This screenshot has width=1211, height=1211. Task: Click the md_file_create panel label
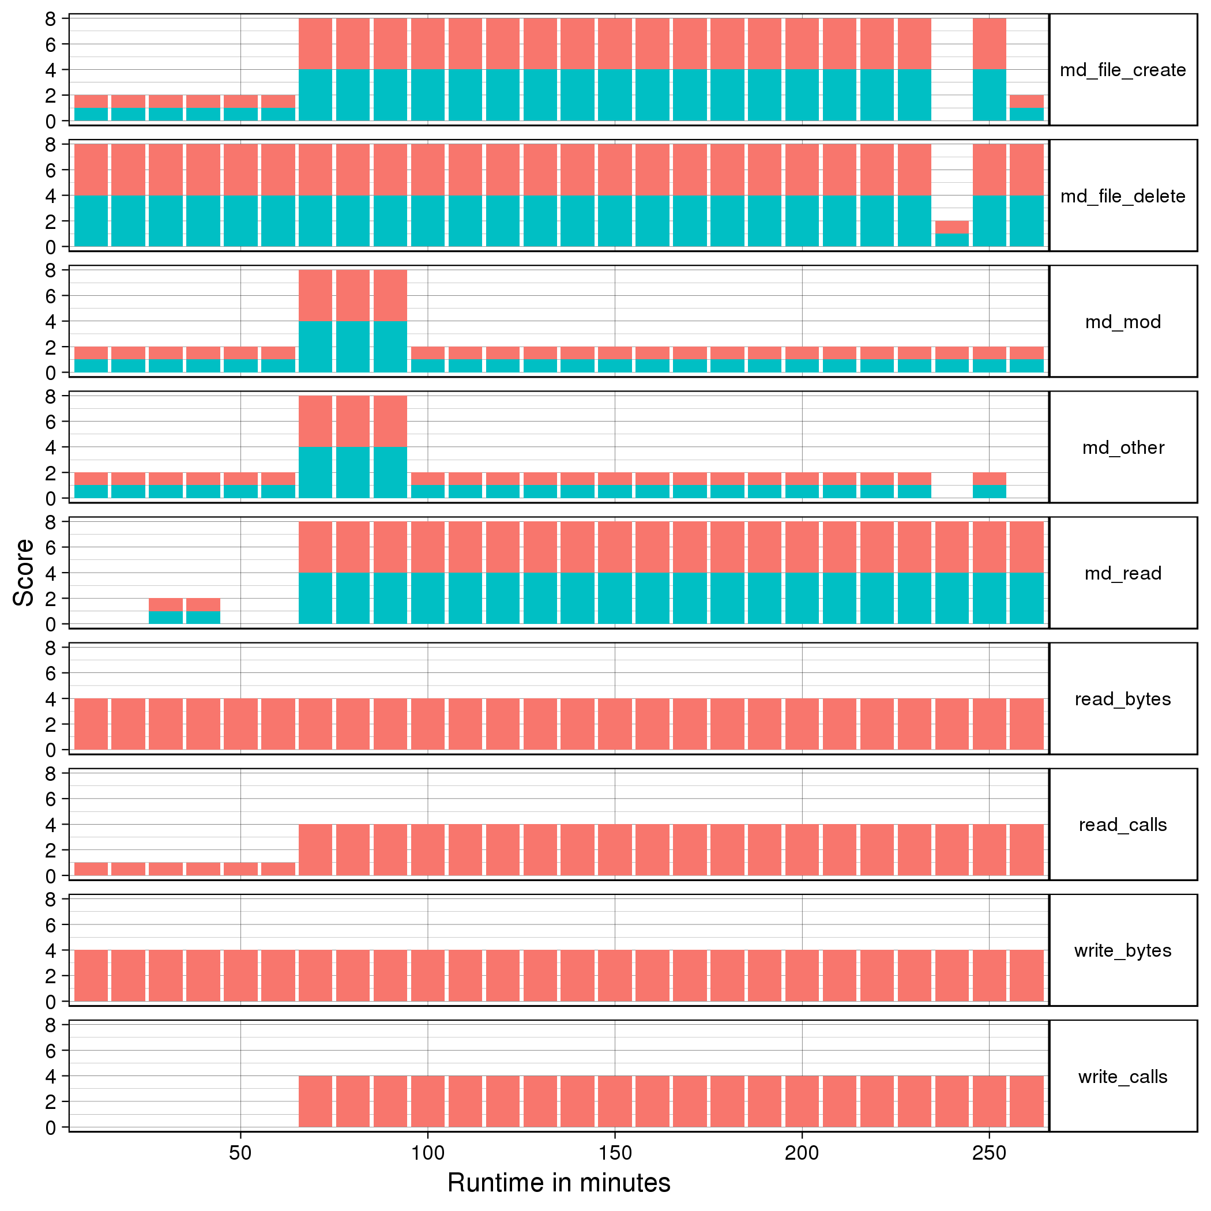1123,70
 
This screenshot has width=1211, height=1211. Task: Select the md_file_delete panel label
1123,196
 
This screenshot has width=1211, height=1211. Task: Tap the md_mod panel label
1123,322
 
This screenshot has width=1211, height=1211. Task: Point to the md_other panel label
1123,447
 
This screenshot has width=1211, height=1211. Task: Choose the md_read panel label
1123,574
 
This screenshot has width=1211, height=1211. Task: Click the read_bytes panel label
1123,699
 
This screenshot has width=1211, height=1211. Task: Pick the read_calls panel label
1123,825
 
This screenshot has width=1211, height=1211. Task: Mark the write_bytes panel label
1123,950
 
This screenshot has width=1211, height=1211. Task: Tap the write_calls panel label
1123,1077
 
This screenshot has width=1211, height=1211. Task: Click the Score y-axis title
24,572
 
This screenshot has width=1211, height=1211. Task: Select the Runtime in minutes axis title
558,1183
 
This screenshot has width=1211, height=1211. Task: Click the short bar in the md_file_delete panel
951,234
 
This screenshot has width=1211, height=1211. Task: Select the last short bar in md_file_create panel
1026,108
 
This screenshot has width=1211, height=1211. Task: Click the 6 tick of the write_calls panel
51,1051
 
